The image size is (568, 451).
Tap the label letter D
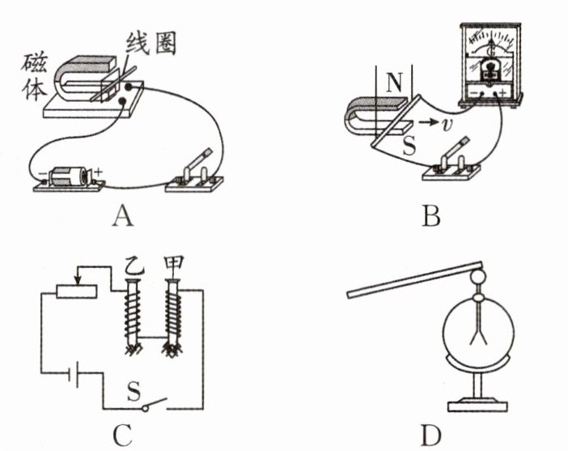[430, 436]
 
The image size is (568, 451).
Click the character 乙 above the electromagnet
[131, 265]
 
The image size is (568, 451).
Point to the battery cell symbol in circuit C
[74, 377]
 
